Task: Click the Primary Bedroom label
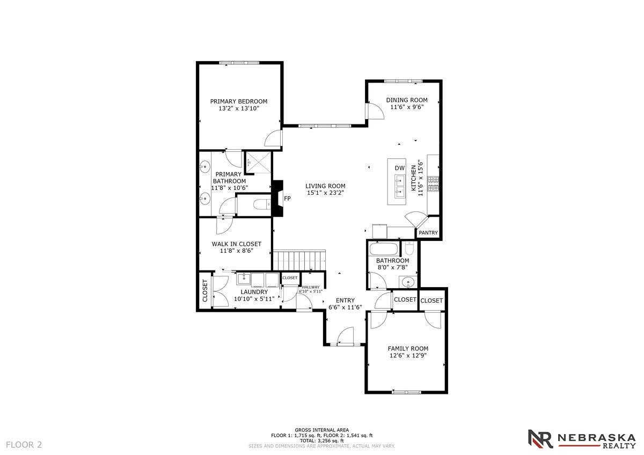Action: [x=238, y=101]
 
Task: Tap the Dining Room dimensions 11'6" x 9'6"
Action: [x=407, y=107]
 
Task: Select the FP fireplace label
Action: [x=287, y=199]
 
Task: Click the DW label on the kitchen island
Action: [x=399, y=168]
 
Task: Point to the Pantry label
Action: [x=428, y=233]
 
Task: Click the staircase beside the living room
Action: [x=299, y=260]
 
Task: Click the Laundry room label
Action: [x=254, y=292]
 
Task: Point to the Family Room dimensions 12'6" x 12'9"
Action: [x=408, y=355]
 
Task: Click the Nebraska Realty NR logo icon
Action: [x=540, y=438]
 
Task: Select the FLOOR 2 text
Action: [x=24, y=444]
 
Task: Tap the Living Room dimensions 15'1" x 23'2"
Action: [x=325, y=193]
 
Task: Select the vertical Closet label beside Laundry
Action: [x=204, y=290]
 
